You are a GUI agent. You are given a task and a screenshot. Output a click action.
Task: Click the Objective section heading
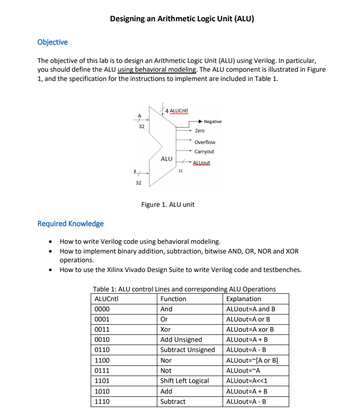click(x=52, y=42)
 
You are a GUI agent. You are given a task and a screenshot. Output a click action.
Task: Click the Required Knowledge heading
click(x=70, y=224)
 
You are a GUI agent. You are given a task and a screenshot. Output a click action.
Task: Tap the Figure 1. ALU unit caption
click(x=168, y=204)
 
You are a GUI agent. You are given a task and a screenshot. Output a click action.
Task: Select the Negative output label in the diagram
click(x=212, y=122)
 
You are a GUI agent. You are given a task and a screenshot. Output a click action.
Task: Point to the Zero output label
click(x=199, y=131)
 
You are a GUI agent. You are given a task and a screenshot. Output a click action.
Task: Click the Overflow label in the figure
click(x=205, y=142)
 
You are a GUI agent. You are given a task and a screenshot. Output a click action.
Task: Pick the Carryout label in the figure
click(x=204, y=152)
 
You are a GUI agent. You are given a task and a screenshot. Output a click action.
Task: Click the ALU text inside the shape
click(x=167, y=159)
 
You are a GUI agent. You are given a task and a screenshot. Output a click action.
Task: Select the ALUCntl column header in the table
click(x=106, y=299)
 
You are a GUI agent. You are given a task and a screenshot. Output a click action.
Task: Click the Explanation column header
click(x=243, y=299)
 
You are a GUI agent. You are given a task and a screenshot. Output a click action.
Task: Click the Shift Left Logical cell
click(x=184, y=381)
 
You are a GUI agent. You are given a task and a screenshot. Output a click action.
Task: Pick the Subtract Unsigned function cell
click(x=187, y=350)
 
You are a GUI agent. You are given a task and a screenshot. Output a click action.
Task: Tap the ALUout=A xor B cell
click(x=250, y=329)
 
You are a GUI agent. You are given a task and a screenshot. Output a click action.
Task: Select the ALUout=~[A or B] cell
click(x=252, y=360)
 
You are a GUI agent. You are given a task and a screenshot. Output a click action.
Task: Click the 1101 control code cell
click(x=101, y=381)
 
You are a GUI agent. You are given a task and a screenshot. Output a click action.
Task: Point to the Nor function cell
click(x=166, y=360)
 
